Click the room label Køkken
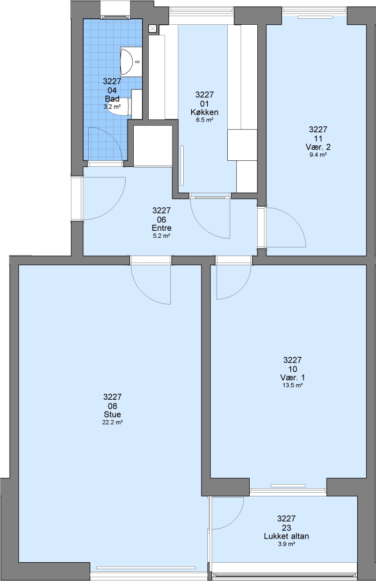click(204, 112)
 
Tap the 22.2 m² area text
click(112, 422)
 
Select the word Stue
click(112, 415)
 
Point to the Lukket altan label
click(286, 536)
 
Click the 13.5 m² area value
click(292, 385)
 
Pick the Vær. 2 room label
click(318, 147)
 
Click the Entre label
click(161, 228)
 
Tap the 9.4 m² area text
click(318, 155)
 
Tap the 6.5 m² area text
click(204, 120)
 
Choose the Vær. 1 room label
click(292, 378)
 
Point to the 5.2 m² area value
click(161, 236)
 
